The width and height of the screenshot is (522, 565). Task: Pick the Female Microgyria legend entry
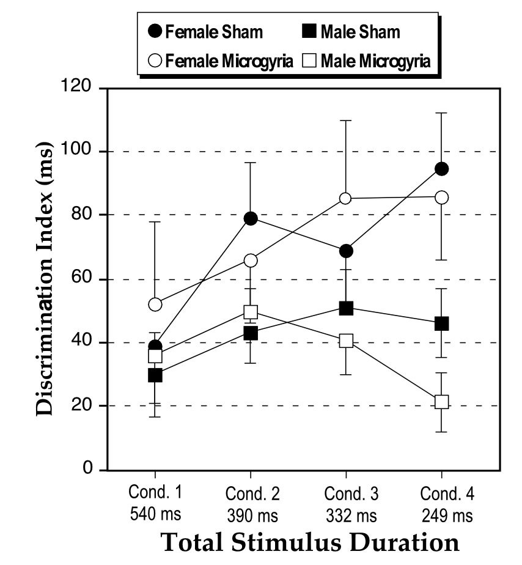point(223,61)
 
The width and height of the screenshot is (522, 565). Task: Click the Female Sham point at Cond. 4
point(441,169)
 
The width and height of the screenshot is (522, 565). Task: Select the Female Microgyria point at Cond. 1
point(155,304)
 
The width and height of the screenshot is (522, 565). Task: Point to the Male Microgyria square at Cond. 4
point(441,402)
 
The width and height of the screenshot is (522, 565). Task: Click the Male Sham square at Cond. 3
point(346,308)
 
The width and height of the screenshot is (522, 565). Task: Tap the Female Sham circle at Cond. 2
point(251,219)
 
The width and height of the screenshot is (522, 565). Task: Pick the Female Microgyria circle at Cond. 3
point(346,198)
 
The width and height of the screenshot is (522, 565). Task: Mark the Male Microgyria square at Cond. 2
point(251,312)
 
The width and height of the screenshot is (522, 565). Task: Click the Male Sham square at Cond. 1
point(155,375)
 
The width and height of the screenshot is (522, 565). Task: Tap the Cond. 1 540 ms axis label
point(155,503)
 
